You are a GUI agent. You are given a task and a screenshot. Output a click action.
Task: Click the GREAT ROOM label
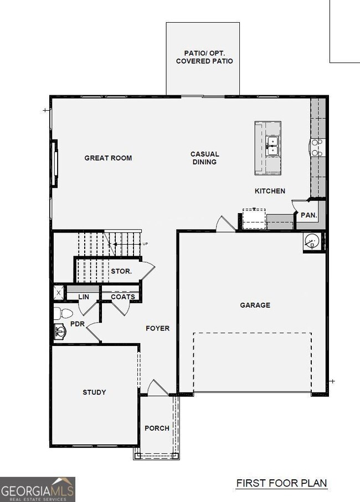pyautogui.click(x=108, y=158)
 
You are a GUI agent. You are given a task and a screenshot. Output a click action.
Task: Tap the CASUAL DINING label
pyautogui.click(x=204, y=158)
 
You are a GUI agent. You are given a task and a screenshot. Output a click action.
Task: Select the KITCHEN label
pyautogui.click(x=270, y=191)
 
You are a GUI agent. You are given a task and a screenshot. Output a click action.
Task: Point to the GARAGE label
pyautogui.click(x=255, y=305)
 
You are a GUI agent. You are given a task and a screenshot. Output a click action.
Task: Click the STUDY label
pyautogui.click(x=94, y=392)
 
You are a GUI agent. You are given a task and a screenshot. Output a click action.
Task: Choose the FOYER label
pyautogui.click(x=157, y=328)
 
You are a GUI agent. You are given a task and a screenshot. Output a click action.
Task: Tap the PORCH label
pyautogui.click(x=157, y=428)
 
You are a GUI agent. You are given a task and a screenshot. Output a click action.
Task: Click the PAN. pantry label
pyautogui.click(x=308, y=215)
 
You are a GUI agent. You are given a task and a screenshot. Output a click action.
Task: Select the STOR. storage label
pyautogui.click(x=121, y=272)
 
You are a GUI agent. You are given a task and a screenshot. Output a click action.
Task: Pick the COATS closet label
pyautogui.click(x=123, y=297)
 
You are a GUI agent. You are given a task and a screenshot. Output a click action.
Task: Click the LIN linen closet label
pyautogui.click(x=83, y=297)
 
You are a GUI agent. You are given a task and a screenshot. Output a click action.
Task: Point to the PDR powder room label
pyautogui.click(x=77, y=324)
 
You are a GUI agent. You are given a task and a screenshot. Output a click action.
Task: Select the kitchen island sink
pyautogui.click(x=272, y=144)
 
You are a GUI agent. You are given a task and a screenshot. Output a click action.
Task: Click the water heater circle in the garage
pyautogui.click(x=312, y=241)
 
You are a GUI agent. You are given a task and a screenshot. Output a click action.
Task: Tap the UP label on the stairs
pyautogui.click(x=146, y=244)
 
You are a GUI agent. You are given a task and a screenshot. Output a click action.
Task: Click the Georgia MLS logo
pyautogui.click(x=38, y=489)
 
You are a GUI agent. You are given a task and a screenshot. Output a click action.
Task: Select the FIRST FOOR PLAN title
pyautogui.click(x=281, y=483)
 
